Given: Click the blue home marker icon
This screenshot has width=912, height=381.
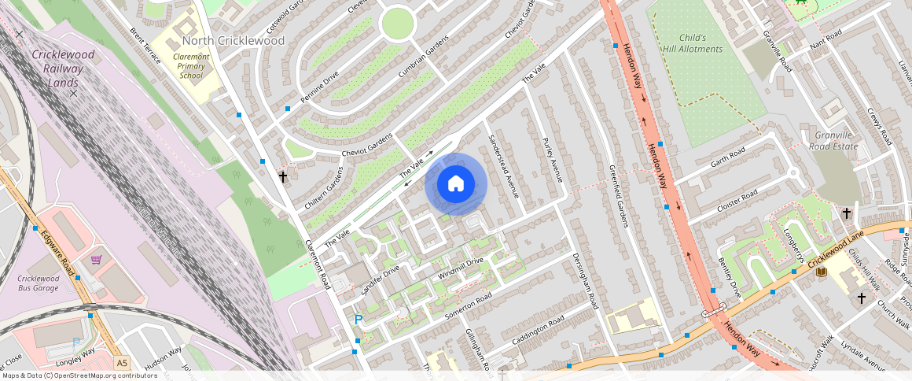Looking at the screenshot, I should (456, 184).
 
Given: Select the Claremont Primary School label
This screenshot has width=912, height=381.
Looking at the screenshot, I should (190, 66).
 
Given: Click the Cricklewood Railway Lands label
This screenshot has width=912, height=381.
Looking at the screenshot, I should (63, 68).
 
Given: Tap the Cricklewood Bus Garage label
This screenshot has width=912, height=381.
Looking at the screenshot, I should (39, 283).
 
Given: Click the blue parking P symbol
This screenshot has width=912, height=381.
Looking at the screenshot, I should (358, 320).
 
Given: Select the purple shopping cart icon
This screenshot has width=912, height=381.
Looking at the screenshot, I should (97, 260).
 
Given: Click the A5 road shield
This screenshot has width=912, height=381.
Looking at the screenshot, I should (121, 363).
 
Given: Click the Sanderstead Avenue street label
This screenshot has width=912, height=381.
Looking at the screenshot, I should (503, 165).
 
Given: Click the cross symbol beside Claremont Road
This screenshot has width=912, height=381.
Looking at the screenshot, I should (282, 177).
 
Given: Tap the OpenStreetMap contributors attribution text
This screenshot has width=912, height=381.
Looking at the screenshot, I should (79, 375).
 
